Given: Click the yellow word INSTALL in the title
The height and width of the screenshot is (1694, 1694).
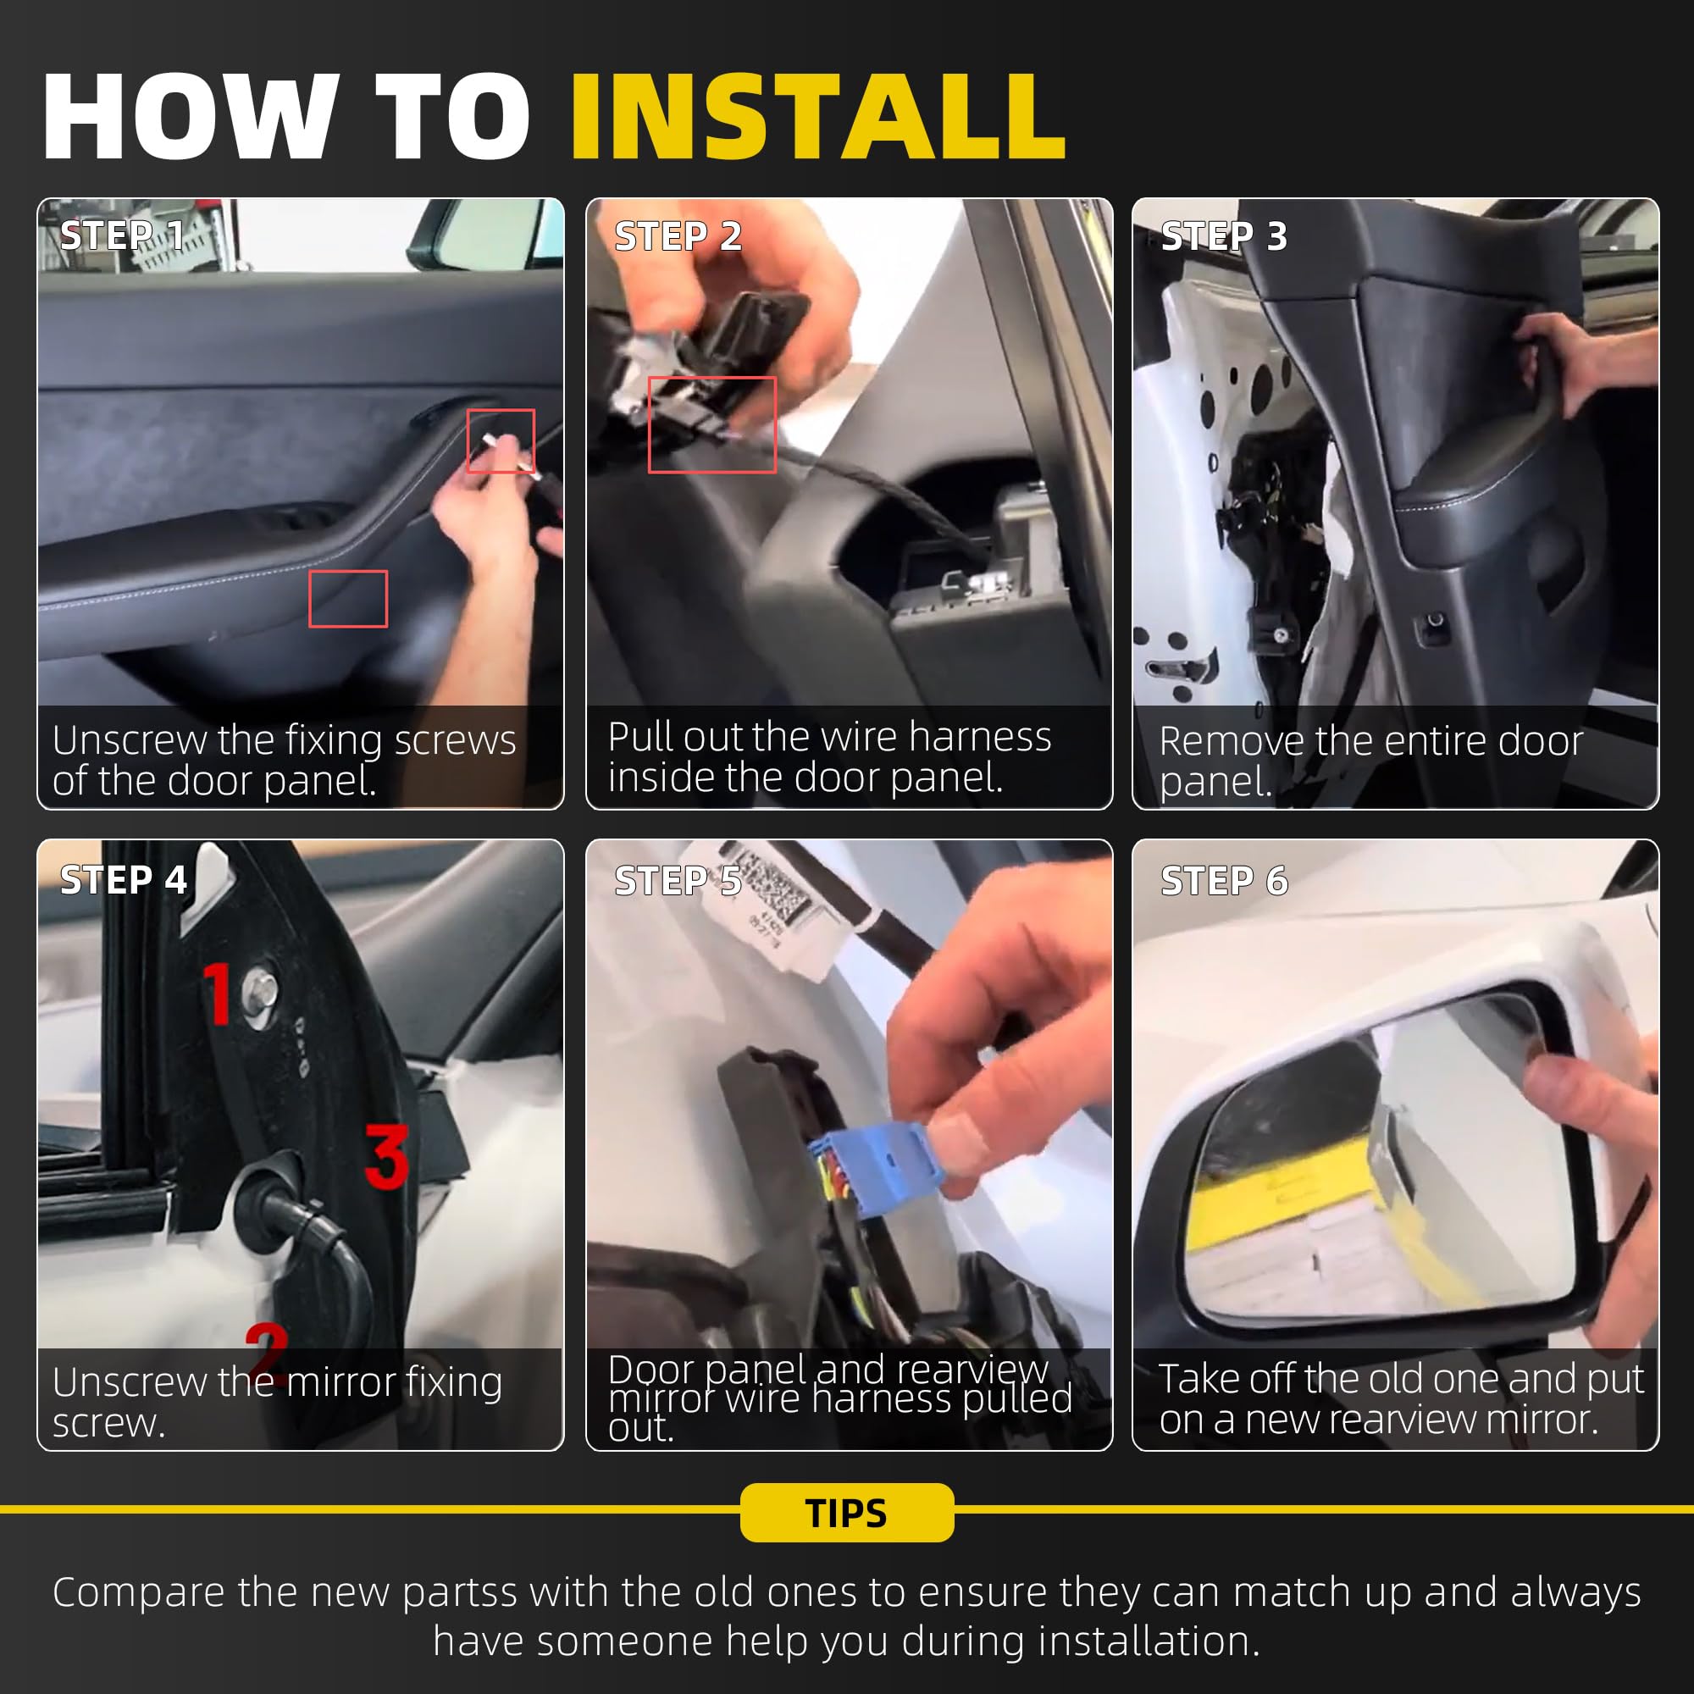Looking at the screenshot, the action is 818,117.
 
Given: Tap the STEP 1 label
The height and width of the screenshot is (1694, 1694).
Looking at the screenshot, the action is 122,235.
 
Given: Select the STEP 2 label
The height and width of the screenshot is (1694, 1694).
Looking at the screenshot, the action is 678,235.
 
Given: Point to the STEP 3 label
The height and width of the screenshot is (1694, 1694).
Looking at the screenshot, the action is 1224,235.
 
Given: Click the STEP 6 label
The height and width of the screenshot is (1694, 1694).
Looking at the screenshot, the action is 1224,880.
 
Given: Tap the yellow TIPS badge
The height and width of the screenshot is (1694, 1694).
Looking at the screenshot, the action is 847,1513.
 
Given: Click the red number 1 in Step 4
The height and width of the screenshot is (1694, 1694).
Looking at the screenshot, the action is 217,993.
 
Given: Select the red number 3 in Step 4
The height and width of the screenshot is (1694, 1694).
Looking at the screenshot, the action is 387,1156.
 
